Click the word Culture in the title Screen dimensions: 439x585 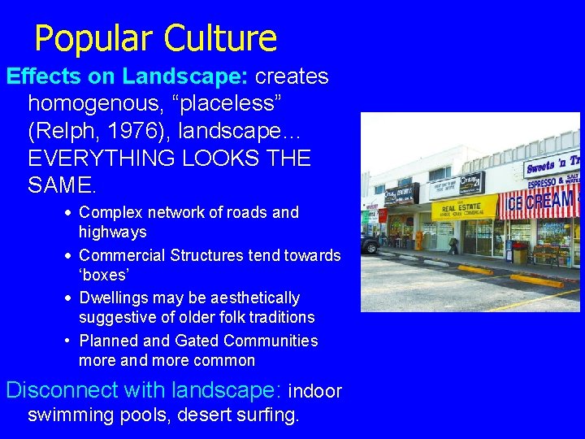click(x=220, y=38)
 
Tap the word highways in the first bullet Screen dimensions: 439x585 click(x=112, y=233)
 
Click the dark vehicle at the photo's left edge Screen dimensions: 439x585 click(x=370, y=243)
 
